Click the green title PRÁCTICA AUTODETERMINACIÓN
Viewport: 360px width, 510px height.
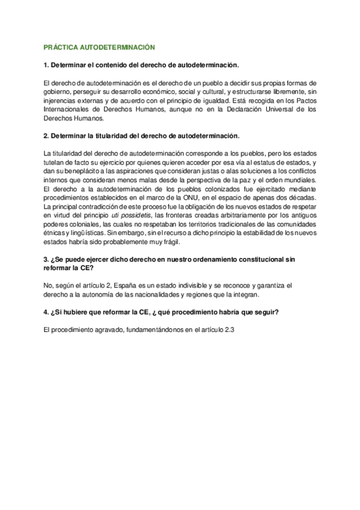100,47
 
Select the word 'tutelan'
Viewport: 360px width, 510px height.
55,163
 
